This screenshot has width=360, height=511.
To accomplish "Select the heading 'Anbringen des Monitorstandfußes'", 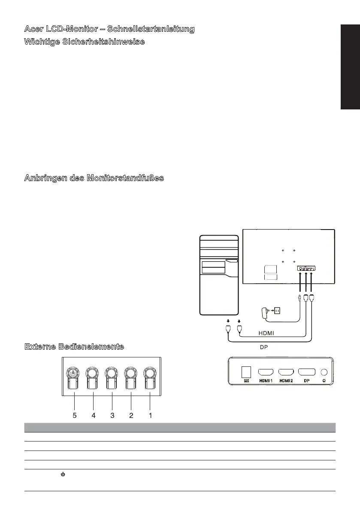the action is [94, 178].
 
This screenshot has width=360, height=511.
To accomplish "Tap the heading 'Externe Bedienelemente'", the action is [74, 346].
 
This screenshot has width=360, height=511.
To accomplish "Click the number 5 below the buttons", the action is [75, 415].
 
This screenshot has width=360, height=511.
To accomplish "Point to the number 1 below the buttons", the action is [150, 415].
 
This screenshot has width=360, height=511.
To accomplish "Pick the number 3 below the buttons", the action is [112, 415].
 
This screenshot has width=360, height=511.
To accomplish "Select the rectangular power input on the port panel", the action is [246, 372].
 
